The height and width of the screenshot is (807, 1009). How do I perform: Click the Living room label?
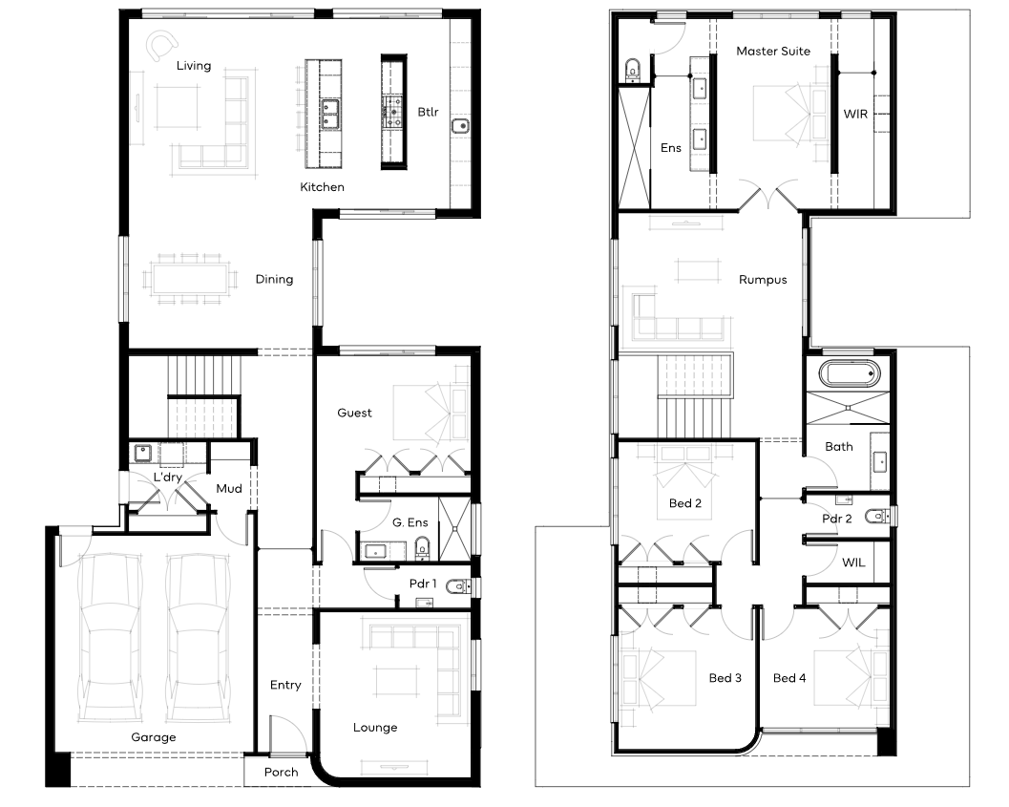pos(194,66)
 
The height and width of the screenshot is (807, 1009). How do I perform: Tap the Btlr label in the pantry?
pos(428,112)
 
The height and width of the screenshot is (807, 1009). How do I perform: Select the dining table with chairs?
pos(191,279)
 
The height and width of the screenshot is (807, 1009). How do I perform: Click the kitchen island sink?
pos(330,115)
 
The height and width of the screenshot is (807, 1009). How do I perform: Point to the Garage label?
pos(153,737)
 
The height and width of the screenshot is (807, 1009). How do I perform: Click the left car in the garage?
pos(109,638)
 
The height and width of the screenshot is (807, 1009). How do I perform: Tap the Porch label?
pos(282,773)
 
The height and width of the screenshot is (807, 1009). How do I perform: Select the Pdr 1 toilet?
pos(458,585)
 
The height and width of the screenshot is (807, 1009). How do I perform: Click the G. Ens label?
pos(410,522)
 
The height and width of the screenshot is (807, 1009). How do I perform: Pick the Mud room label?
pos(229,489)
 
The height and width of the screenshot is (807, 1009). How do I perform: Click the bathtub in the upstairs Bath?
pos(849,373)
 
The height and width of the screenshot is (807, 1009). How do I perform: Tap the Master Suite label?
pos(773,52)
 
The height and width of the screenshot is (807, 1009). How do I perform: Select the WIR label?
pos(855,114)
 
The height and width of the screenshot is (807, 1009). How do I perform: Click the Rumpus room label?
pos(763,280)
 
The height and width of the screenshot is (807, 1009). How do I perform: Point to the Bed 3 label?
pos(725,678)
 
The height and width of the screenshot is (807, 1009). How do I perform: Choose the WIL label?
pos(853,563)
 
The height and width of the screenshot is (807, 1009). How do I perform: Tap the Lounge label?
pos(375,728)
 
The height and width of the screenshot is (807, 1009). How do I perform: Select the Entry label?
pos(285,686)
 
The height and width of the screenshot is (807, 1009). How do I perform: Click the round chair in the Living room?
pos(161,47)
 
